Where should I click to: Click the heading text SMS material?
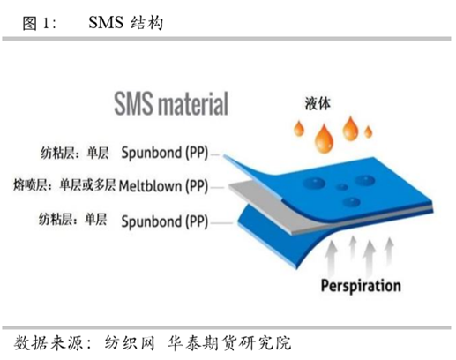[171, 103]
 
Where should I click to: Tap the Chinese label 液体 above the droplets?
[318, 104]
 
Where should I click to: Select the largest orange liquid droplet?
[324, 139]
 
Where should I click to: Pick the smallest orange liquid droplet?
[368, 131]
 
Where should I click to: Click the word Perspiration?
[361, 286]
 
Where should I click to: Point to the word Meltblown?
[150, 186]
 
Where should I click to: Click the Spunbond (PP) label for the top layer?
[165, 153]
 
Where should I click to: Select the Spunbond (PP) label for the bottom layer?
[165, 221]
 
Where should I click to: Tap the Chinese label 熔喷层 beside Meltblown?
[30, 185]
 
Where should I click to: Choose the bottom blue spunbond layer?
[265, 236]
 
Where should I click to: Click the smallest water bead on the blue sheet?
[342, 187]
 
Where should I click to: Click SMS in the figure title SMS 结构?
[106, 22]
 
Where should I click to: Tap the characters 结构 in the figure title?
[146, 23]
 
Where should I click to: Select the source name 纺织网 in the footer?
[130, 343]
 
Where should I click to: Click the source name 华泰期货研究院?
[229, 343]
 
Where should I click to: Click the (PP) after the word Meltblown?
[197, 186]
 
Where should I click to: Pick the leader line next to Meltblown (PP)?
[218, 187]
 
